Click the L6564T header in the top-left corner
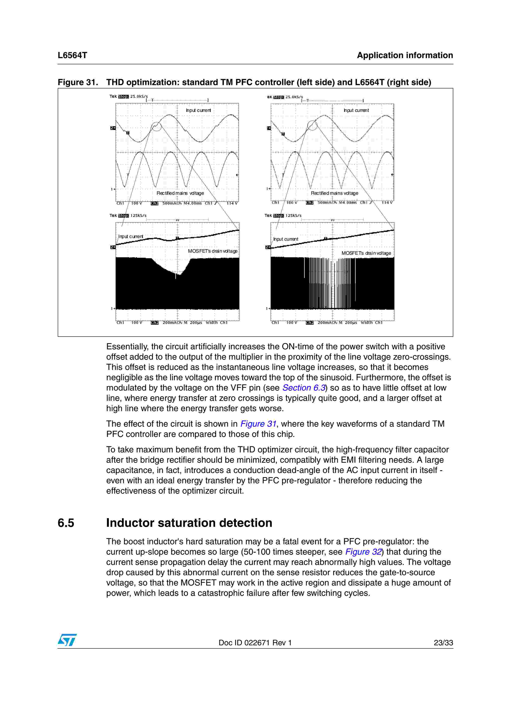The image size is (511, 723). click(x=72, y=55)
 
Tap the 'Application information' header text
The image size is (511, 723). click(x=405, y=55)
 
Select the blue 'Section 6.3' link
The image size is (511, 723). click(x=303, y=388)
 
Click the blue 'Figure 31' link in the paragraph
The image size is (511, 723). click(x=258, y=424)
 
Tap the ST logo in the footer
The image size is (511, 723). click(x=67, y=640)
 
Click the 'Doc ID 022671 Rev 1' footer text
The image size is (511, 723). click(x=255, y=643)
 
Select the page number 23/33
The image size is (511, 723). click(x=443, y=643)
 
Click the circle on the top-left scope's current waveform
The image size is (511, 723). click(x=156, y=127)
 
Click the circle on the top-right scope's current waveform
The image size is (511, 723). click(x=312, y=125)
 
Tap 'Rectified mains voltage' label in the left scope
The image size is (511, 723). click(x=180, y=193)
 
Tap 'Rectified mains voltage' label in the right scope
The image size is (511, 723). click(x=334, y=193)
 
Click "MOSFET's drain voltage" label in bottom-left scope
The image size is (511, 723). click(x=213, y=251)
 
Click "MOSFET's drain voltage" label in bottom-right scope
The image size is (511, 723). click(x=366, y=253)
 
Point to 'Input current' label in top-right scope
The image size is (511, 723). click(x=356, y=110)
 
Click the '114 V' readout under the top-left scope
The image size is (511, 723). click(x=232, y=203)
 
